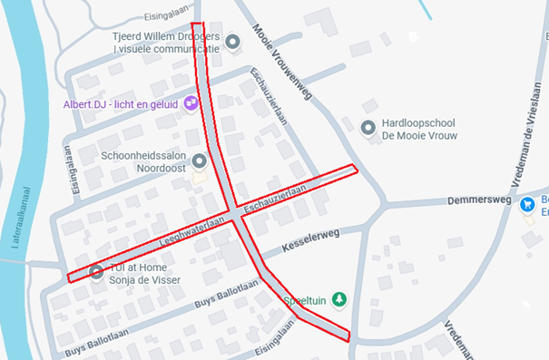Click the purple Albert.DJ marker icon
(191, 103)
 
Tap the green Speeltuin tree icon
(339, 297)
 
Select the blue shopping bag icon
(527, 205)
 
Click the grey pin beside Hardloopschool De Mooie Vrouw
(368, 129)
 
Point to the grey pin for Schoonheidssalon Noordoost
(200, 161)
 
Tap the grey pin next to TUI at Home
(96, 271)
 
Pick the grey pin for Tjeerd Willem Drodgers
(232, 42)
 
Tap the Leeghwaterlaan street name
(191, 232)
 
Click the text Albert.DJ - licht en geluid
(121, 104)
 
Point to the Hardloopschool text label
(419, 123)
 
